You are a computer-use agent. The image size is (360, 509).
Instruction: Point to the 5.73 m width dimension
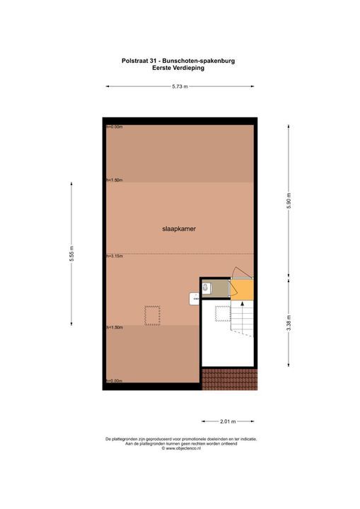point(180,86)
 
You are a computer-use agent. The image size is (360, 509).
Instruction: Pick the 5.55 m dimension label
point(71,253)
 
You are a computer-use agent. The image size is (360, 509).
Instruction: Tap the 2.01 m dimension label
point(227,421)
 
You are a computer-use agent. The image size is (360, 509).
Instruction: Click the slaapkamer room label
point(180,229)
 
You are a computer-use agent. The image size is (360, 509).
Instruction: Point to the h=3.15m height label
point(114,255)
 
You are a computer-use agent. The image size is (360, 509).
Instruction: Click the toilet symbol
point(207,288)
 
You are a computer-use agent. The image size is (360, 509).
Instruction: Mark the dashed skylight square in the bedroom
point(152,315)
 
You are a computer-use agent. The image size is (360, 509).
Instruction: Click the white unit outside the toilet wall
point(194,299)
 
